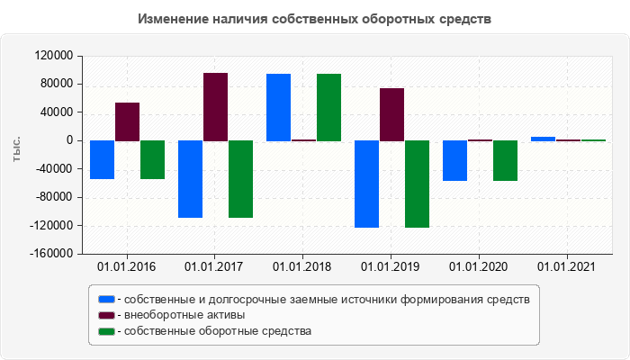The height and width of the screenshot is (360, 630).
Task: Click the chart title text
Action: coord(315,19)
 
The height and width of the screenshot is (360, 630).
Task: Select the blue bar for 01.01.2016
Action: coord(102,159)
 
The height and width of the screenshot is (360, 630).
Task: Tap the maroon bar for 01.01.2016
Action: coord(127,121)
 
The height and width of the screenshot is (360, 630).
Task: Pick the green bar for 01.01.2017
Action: coord(240,179)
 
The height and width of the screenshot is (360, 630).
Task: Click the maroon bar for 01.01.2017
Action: coord(215,107)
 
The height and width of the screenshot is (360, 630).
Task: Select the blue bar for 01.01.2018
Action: coord(278,107)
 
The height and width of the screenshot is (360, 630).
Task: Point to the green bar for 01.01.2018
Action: coord(328,107)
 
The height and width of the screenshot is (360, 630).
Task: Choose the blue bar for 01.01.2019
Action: coord(366,184)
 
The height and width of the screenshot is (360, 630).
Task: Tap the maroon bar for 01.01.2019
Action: coord(391,114)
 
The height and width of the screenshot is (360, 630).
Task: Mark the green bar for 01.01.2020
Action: coord(505,160)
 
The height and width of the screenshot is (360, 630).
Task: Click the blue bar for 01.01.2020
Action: coord(454,160)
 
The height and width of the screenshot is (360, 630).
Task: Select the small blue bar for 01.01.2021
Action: coord(543,139)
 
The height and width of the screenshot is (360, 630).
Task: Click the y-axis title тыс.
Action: coord(17,149)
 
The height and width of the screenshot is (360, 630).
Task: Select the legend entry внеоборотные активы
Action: coord(185,315)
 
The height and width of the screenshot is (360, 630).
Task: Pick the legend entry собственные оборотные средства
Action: coord(219,331)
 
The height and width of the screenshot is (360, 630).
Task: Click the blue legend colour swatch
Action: coord(106,299)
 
